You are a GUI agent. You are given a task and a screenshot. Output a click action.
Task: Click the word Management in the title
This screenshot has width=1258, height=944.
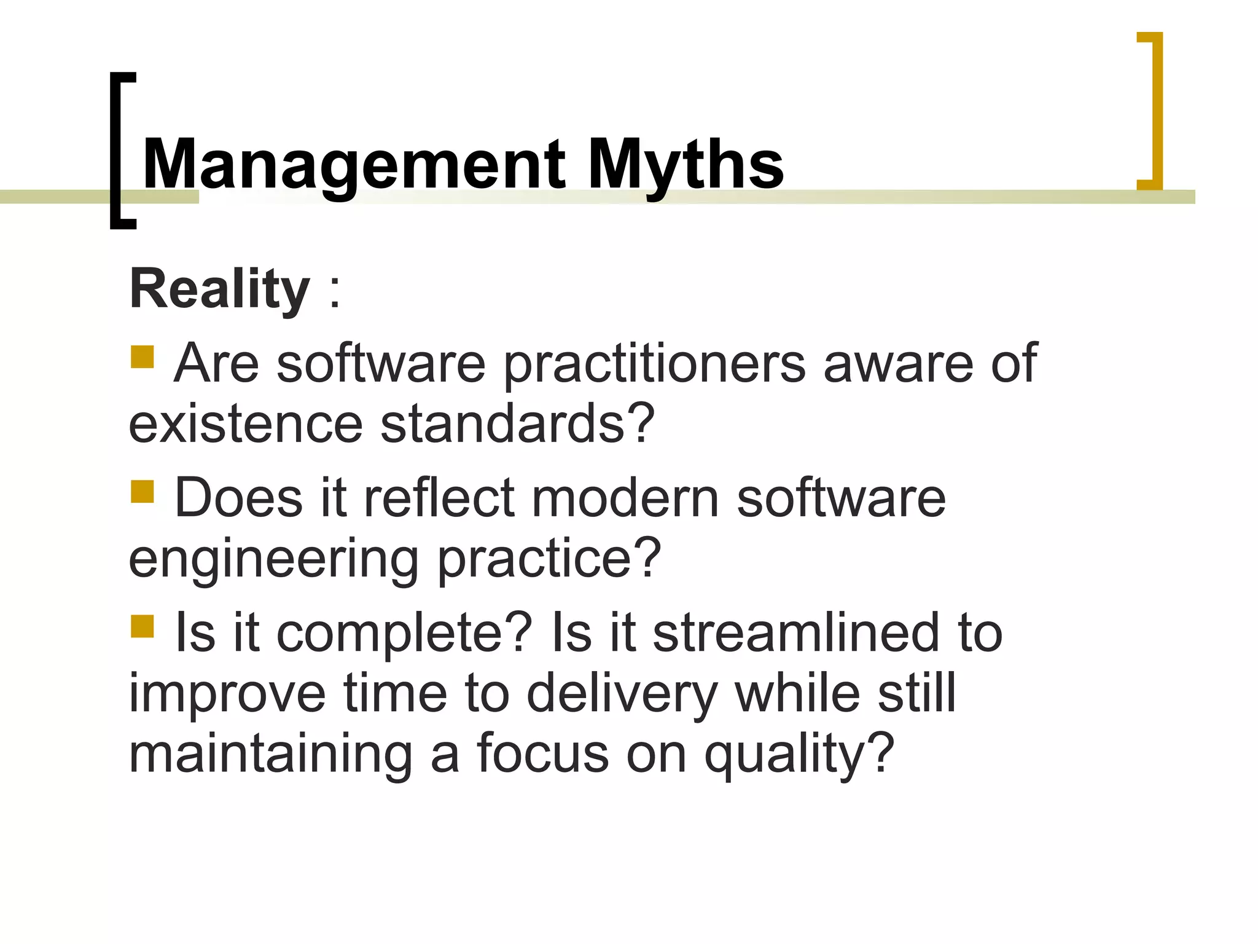tap(353, 165)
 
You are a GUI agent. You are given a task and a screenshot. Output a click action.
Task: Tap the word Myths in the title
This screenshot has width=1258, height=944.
tap(686, 165)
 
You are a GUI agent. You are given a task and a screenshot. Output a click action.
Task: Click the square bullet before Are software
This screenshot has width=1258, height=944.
tap(142, 357)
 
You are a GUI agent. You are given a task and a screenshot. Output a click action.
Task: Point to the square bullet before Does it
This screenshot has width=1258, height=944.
tap(142, 492)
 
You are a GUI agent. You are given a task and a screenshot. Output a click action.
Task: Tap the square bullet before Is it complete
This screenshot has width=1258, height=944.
tap(142, 627)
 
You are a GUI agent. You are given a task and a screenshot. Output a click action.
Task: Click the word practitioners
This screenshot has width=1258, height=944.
tap(654, 364)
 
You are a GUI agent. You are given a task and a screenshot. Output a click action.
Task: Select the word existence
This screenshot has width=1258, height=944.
tap(246, 424)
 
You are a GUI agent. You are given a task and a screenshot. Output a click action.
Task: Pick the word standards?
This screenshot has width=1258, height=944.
tap(517, 424)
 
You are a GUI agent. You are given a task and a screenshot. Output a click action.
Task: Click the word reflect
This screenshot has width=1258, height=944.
tap(439, 498)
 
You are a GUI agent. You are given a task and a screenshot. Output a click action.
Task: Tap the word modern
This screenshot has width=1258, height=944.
tap(625, 498)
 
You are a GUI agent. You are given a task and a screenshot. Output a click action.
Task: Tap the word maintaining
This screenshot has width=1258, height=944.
tap(270, 755)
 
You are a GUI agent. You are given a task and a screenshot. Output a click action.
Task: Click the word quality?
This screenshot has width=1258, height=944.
tap(799, 755)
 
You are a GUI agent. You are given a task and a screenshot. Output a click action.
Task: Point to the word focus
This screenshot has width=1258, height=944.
tap(542, 755)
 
